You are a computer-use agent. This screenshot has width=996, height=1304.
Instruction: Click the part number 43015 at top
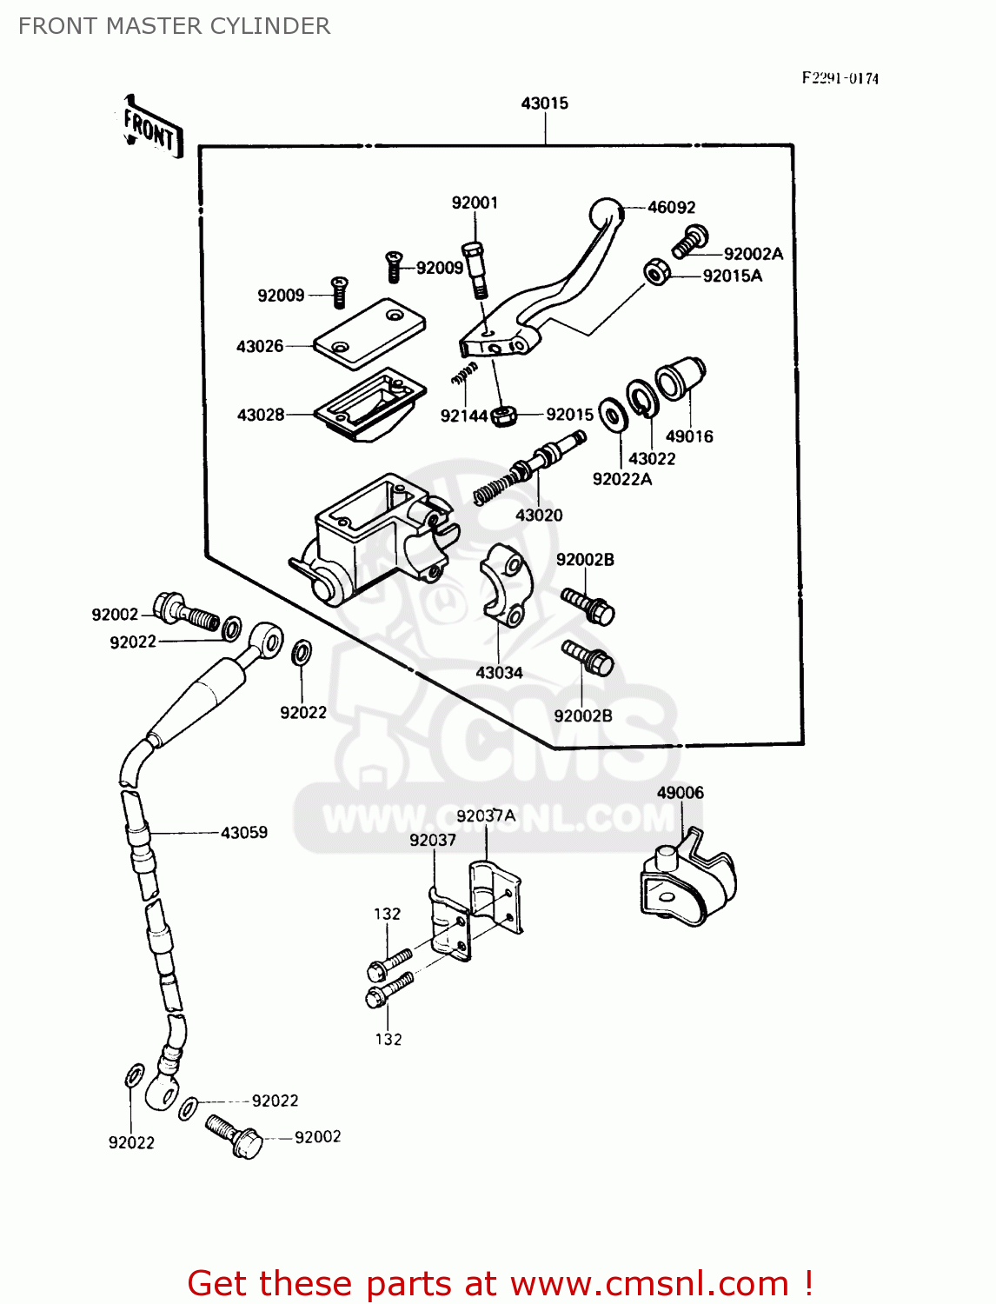pos(544,103)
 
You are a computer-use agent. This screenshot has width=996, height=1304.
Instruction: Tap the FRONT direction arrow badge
pos(152,130)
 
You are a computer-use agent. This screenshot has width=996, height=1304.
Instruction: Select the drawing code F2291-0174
pos(840,78)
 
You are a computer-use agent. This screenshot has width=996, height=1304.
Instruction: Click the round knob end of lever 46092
pos(607,213)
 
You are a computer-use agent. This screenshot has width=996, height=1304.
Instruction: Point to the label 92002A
pos(753,254)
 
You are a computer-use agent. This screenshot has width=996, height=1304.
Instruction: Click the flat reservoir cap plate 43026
pos(369,332)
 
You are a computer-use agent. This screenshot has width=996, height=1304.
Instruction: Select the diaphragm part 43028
pos(369,403)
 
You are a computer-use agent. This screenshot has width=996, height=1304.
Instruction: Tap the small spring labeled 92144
pos(465,374)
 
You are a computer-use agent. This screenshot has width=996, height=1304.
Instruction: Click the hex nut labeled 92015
pos(504,416)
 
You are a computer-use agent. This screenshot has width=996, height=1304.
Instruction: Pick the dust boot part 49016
pos(680,380)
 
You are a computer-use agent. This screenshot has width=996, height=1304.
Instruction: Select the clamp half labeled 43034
pos(505,584)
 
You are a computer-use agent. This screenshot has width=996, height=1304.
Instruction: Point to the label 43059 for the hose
pos(244,832)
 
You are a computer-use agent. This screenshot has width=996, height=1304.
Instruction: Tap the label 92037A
pos(485,815)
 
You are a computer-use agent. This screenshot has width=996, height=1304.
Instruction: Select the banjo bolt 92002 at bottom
pos(235,1135)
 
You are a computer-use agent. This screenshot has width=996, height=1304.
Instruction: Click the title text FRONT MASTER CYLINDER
pos(174,26)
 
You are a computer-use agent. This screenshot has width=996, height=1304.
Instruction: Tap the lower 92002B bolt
pos(588,659)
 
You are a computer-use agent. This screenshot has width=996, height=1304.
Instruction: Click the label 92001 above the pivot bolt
pos(475,203)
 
